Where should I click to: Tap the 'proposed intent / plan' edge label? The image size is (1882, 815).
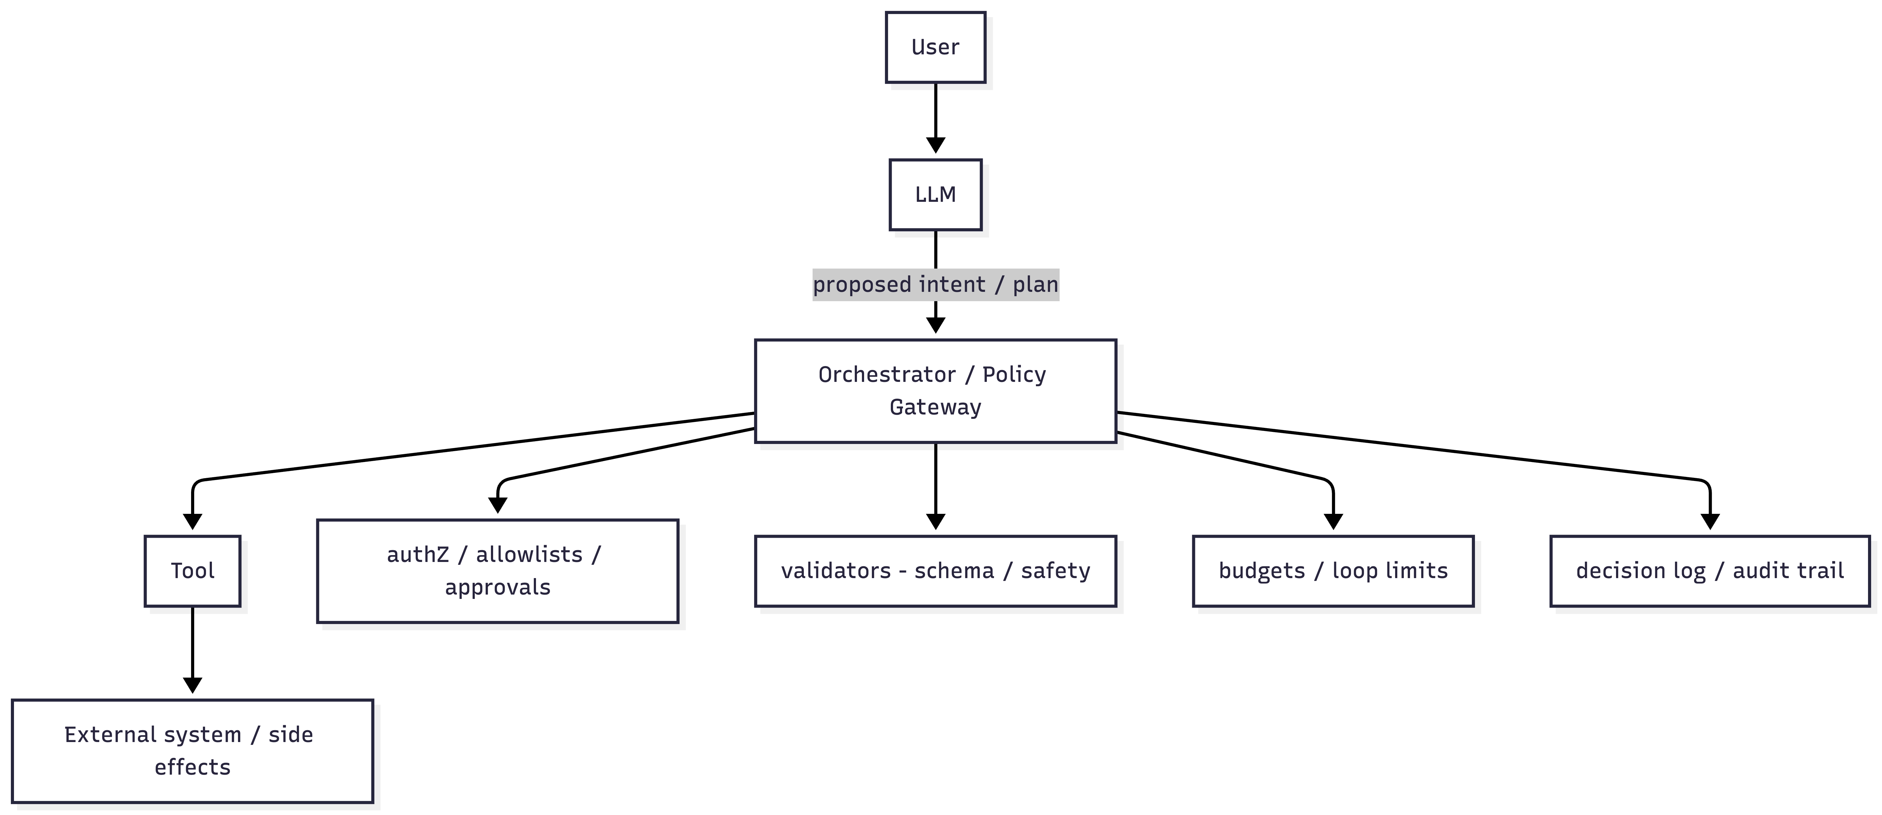tap(935, 284)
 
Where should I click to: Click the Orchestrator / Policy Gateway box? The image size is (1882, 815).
tap(935, 391)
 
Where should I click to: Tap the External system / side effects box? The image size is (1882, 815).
tap(192, 751)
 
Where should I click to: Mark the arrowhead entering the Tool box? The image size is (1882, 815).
tap(192, 521)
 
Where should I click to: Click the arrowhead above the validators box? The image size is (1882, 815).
tap(935, 521)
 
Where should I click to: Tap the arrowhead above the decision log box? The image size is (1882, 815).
tap(1710, 521)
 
